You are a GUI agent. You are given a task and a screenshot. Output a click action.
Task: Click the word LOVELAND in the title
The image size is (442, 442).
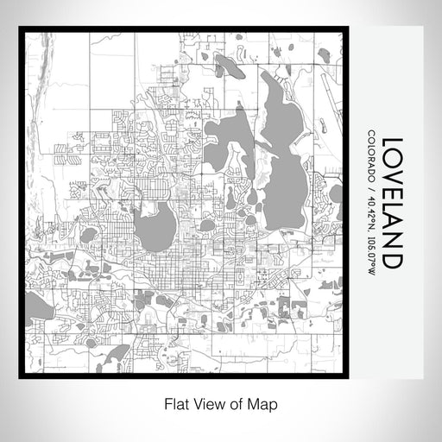click(x=392, y=204)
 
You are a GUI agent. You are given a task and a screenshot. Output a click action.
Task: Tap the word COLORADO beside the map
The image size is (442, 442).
click(x=371, y=155)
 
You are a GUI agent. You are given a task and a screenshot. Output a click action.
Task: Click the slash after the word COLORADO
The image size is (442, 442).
click(x=371, y=186)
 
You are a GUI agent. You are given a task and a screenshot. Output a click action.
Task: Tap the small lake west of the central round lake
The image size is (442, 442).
click(x=88, y=235)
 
